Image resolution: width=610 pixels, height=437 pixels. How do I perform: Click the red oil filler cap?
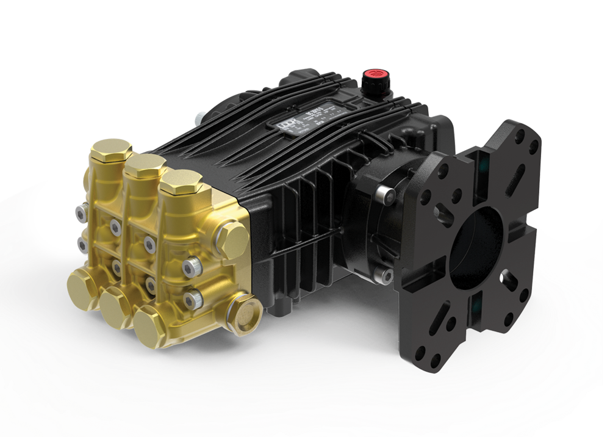coord(370,78)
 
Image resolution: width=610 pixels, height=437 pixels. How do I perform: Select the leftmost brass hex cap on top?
coord(114,151)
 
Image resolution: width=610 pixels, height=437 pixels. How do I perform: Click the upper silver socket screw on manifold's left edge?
coord(80,212)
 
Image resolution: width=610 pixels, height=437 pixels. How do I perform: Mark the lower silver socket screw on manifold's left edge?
coord(82,244)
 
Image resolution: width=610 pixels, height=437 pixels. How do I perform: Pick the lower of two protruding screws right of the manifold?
coord(194,298)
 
